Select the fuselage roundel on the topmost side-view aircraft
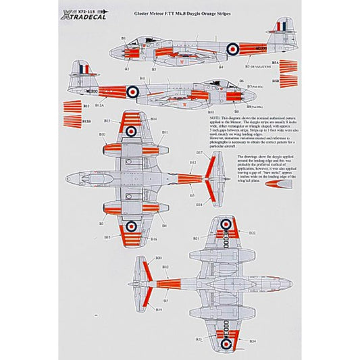click(232, 48)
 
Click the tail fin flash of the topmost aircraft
click(276, 30)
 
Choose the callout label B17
click(191, 162)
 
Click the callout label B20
click(159, 259)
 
